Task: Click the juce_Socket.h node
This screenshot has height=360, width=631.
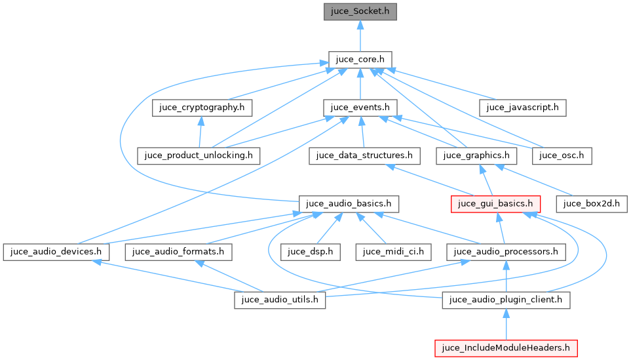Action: coord(360,12)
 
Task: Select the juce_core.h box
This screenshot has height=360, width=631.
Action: coord(360,60)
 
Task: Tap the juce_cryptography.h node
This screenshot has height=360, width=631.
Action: coord(202,108)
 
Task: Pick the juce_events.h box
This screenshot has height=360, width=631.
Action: coord(360,108)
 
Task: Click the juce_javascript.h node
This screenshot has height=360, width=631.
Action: coord(523,108)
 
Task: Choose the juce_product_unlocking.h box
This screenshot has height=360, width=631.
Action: coord(199,155)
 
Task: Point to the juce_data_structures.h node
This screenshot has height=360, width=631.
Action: coord(364,155)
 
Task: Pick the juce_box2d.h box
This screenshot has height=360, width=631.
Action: coord(592,203)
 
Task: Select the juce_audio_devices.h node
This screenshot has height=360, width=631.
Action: coord(56,251)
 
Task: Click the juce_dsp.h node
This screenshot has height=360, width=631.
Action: coord(311,251)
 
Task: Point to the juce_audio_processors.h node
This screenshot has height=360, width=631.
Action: coord(506,251)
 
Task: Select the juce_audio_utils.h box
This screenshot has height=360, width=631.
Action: coord(280,300)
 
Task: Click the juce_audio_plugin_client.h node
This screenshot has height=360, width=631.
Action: coord(507,300)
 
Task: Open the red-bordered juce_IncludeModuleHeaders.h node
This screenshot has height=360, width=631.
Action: coord(506,348)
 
